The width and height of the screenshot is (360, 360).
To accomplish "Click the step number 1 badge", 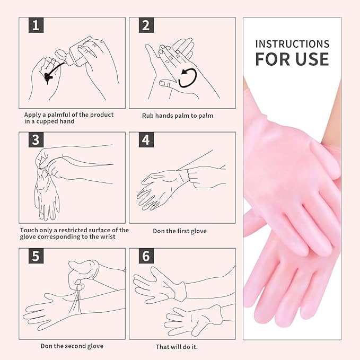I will point(36,25).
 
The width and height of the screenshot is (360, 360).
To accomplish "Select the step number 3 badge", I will point(36,140).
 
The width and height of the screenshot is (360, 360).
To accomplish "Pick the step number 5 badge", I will point(36,256).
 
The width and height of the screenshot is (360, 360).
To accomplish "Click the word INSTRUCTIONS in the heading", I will point(292,44).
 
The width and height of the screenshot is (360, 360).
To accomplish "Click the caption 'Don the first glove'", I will point(180,231).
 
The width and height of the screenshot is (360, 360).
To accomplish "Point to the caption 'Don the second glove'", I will point(72,346).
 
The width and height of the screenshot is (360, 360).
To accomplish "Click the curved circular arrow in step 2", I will point(188,78).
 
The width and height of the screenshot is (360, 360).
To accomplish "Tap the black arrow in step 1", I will point(53,72).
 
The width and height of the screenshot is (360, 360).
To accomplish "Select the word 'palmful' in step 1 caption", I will point(58,115).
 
